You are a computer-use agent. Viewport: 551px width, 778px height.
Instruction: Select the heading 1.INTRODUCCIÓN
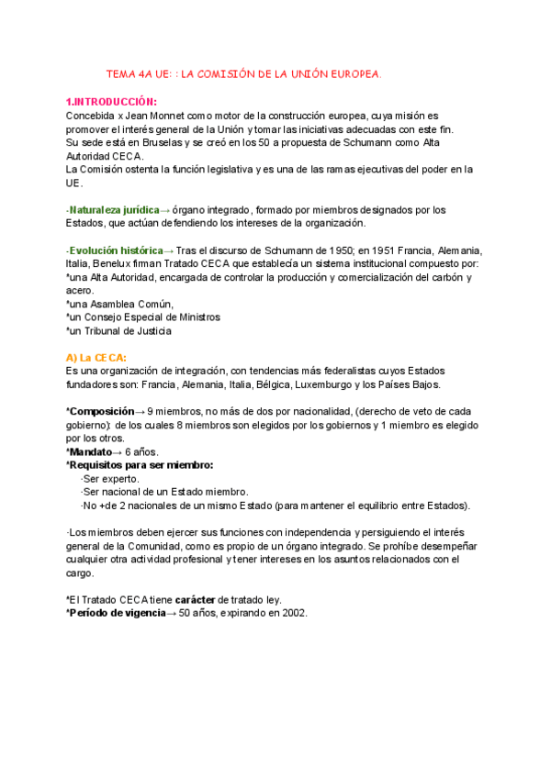coord(111,102)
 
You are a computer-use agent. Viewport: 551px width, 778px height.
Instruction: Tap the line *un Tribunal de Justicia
coord(118,330)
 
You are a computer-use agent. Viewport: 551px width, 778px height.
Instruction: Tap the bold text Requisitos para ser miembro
coord(140,465)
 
